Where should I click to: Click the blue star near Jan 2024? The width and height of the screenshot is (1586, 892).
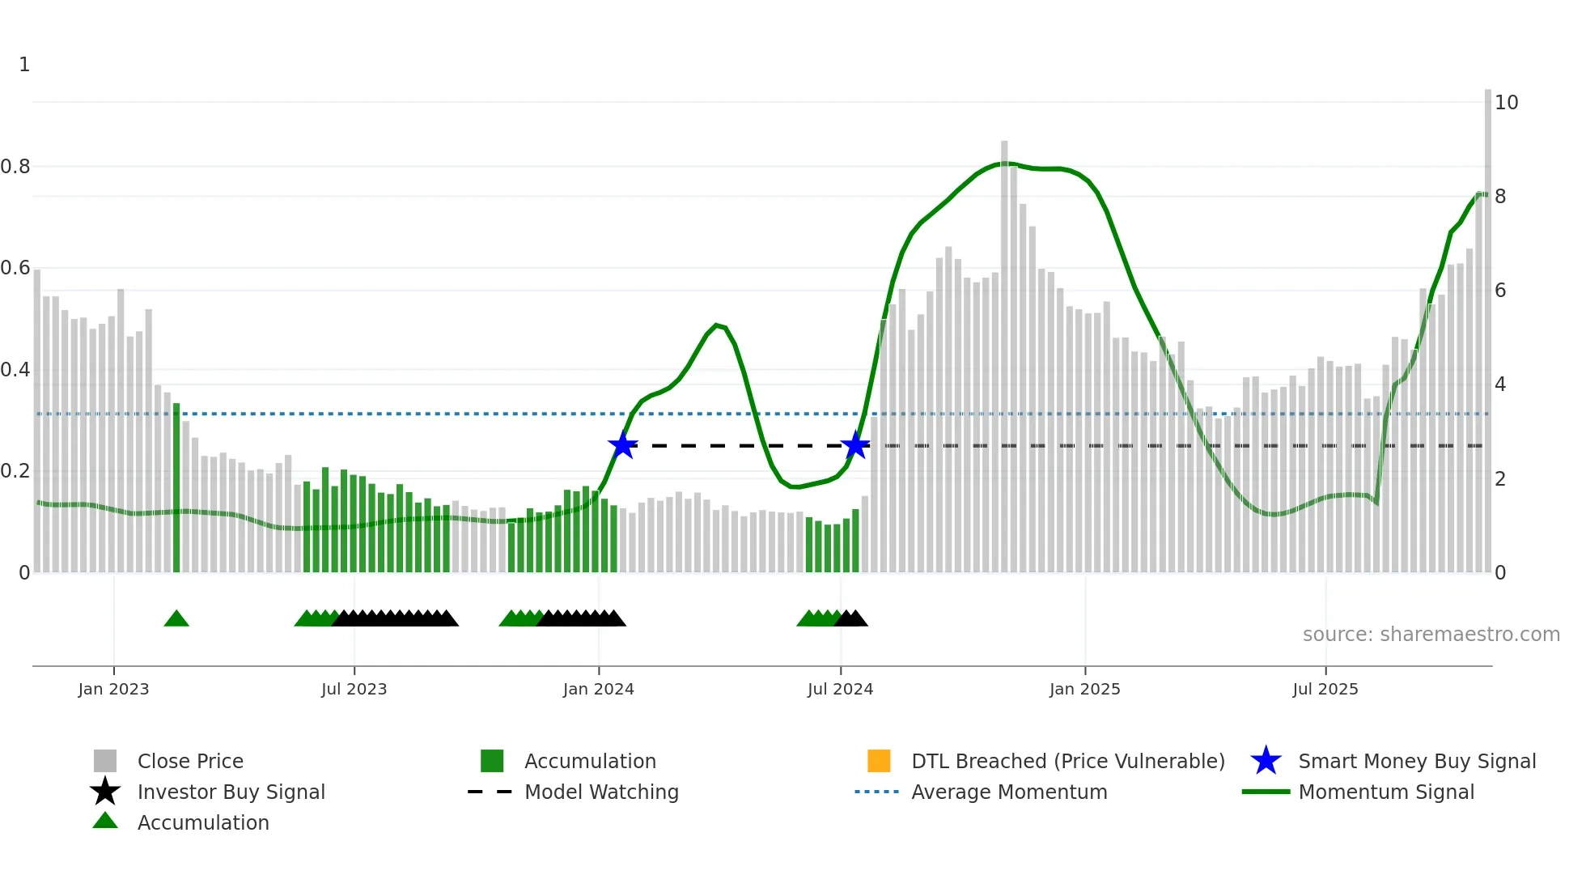click(x=622, y=445)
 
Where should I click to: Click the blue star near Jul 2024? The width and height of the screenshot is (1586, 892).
click(x=855, y=445)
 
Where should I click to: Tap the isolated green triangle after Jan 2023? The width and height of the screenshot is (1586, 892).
click(x=176, y=619)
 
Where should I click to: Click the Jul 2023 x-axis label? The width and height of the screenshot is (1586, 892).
click(x=354, y=689)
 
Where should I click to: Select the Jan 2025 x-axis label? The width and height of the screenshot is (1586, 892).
click(x=1084, y=689)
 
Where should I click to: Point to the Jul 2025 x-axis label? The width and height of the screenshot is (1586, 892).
click(x=1325, y=689)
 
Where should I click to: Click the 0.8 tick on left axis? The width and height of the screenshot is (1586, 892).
click(x=15, y=167)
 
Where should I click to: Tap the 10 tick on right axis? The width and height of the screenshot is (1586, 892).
click(x=1506, y=103)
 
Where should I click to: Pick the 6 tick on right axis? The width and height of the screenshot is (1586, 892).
click(x=1500, y=291)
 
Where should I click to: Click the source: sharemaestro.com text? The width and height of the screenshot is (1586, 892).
click(x=1431, y=635)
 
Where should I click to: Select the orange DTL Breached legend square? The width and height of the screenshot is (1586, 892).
click(x=879, y=761)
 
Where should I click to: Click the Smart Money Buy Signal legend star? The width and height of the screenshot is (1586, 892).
click(x=1266, y=761)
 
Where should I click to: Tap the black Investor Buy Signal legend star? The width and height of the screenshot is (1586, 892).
click(x=105, y=792)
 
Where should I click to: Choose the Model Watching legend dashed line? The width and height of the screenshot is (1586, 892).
click(x=490, y=792)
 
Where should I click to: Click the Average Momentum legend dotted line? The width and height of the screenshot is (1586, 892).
click(x=877, y=792)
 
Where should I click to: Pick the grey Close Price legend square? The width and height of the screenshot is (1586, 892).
click(x=105, y=761)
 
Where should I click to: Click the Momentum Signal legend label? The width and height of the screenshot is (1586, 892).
click(x=1386, y=792)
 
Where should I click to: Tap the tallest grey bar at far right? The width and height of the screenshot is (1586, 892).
click(x=1487, y=324)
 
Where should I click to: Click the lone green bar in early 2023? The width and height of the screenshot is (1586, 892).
click(x=176, y=486)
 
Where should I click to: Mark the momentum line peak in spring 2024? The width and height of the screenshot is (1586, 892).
click(x=717, y=325)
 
